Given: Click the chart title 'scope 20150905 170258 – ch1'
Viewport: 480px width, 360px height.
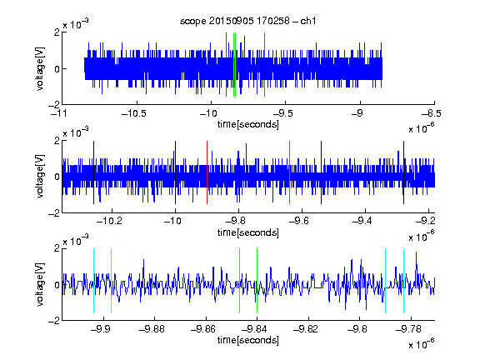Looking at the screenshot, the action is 247,21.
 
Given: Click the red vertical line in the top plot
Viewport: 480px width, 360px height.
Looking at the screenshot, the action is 226,65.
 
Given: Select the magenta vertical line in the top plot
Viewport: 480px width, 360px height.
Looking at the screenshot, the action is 264,65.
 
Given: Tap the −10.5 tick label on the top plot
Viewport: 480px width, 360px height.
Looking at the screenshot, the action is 134,114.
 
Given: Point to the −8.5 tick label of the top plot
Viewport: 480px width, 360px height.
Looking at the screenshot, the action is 432,114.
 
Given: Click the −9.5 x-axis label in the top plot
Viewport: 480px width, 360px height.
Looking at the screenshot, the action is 282,114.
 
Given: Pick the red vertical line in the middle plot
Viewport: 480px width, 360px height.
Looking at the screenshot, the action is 207,172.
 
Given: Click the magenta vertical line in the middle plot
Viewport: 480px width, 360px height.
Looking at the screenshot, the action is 290,172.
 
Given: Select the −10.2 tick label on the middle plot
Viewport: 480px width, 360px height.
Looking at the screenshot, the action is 109,221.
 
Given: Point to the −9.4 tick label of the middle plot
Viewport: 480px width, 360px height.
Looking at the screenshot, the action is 362,221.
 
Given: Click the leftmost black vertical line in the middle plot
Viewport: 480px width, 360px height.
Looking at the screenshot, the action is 93,172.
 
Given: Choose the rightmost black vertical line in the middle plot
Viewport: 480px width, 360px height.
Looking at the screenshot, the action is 404,172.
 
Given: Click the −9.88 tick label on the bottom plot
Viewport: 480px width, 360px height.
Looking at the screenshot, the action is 152,329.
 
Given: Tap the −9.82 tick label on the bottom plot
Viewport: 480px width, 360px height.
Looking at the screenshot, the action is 306,329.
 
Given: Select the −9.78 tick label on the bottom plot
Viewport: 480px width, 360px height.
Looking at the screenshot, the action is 408,329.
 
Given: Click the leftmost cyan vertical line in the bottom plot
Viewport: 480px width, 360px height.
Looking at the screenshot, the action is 93,280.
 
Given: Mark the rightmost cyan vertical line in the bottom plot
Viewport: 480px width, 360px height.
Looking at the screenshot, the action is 404,280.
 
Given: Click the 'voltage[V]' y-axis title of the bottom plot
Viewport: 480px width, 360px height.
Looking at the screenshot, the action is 40,284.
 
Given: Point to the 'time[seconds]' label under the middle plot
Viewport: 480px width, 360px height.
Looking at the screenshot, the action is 248,232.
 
